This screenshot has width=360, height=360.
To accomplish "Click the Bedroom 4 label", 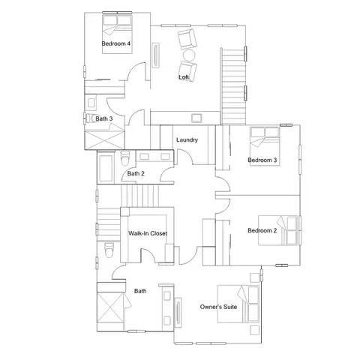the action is pyautogui.click(x=115, y=43).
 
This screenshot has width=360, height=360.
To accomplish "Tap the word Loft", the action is pyautogui.click(x=184, y=77).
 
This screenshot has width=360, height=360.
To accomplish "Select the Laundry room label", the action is pyautogui.click(x=187, y=139).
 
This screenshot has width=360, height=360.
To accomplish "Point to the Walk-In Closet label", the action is pyautogui.click(x=148, y=233).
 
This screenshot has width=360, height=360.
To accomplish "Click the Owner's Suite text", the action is pyautogui.click(x=218, y=307).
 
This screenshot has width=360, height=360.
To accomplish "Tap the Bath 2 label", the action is pyautogui.click(x=136, y=173).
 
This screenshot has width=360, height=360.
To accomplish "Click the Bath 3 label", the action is pyautogui.click(x=104, y=118).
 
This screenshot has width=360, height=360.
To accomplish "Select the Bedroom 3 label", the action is pyautogui.click(x=262, y=160).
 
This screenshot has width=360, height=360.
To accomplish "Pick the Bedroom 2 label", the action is pyautogui.click(x=262, y=230).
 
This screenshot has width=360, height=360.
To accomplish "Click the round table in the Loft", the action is pyautogui.click(x=189, y=54).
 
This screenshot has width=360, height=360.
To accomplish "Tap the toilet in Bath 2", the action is pyautogui.click(x=125, y=158).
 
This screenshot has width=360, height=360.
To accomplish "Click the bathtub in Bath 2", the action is pyautogui.click(x=106, y=168).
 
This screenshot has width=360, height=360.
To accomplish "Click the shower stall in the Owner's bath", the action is pyautogui.click(x=110, y=308).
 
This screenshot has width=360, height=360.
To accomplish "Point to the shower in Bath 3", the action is pyautogui.click(x=105, y=140).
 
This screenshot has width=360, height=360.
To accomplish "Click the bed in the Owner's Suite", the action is pyautogui.click(x=238, y=304).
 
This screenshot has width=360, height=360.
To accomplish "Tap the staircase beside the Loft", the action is pyautogui.click(x=233, y=86).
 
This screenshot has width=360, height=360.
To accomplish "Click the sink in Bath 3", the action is pyautogui.click(x=91, y=103).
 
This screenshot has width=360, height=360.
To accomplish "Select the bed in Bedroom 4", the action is pyautogui.click(x=117, y=34).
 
